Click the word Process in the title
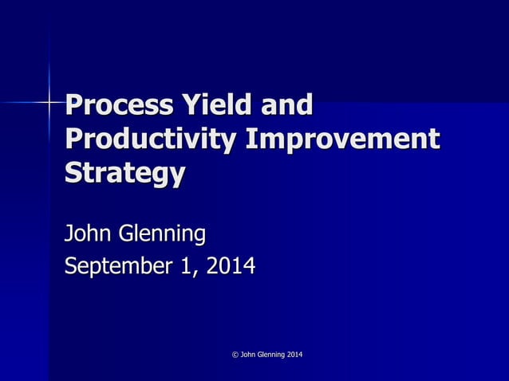[120, 105]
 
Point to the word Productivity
[150, 139]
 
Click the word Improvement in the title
[342, 139]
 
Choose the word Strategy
[124, 174]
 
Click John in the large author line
[88, 234]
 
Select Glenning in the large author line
[162, 235]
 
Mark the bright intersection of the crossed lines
[49, 102]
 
